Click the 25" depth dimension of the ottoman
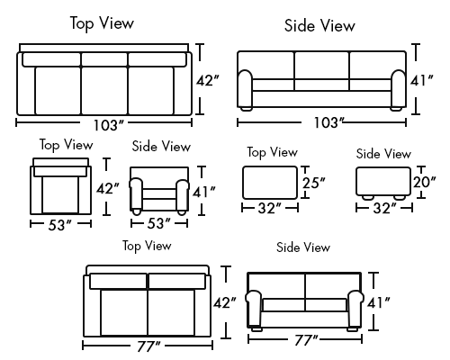click(313, 183)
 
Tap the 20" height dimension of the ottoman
click(424, 182)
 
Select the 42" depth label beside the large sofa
click(208, 80)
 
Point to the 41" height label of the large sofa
click(422, 80)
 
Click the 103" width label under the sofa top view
click(109, 125)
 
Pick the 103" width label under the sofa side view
click(328, 122)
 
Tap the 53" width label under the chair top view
click(60, 225)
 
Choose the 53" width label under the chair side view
click(158, 224)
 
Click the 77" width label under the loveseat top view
click(148, 346)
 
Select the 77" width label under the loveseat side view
click(306, 340)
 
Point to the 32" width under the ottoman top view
click(270, 208)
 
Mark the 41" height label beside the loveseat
click(379, 303)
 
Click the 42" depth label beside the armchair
click(108, 189)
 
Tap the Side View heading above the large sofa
click(319, 25)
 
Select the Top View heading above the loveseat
click(147, 246)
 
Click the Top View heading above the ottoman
click(273, 152)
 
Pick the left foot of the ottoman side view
click(368, 198)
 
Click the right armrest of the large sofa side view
click(399, 89)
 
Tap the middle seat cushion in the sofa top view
click(104, 91)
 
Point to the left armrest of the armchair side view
click(136, 194)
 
